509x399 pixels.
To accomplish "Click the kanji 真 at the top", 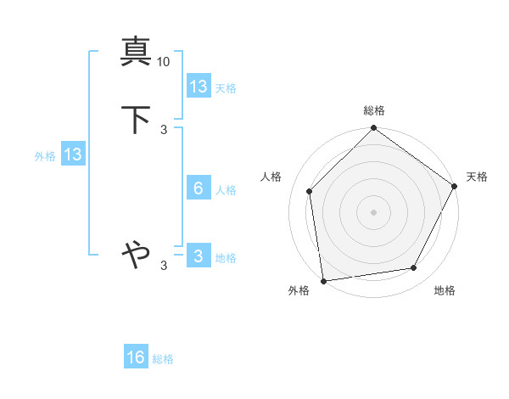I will tap(136, 53).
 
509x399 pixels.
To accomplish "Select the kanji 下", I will tap(136, 121).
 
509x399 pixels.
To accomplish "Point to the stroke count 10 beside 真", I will tap(164, 62).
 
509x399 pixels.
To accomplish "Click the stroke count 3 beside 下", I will tap(164, 130).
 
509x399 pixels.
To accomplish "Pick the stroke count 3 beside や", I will tap(164, 266).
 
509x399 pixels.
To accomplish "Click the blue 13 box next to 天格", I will tap(199, 87).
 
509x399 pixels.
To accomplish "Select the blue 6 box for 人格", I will tap(199, 188).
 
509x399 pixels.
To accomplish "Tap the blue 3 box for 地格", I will tap(199, 256).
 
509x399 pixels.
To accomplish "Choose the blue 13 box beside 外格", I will tap(72, 155).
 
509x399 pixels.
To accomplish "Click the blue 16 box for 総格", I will tap(136, 357).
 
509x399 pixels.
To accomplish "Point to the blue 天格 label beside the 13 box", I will tap(226, 88).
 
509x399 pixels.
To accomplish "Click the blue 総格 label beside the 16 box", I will tap(163, 359).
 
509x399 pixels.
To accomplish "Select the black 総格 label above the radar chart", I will tap(373, 110).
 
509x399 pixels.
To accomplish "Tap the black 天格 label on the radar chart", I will tap(477, 177).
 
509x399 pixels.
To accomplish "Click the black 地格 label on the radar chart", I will tap(445, 290).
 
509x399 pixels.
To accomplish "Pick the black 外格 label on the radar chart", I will tap(299, 290).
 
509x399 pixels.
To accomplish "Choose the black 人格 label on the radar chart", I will tap(271, 177).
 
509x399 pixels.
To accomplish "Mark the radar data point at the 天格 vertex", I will tap(455, 186).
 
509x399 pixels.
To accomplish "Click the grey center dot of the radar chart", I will tap(373, 212).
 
